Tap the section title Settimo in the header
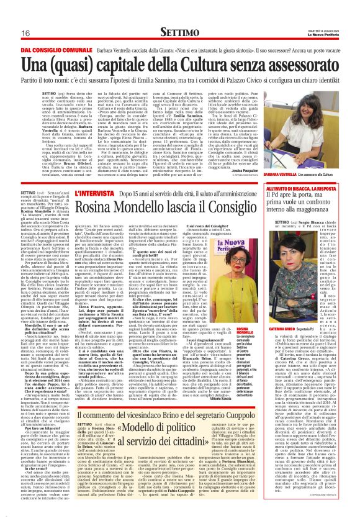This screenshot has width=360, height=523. tap(179, 32)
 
